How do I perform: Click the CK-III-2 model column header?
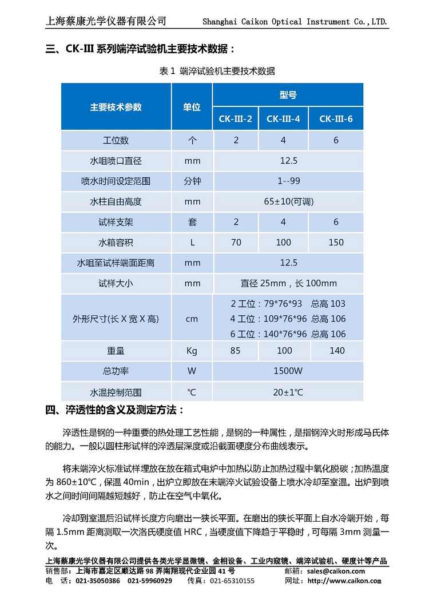click(x=235, y=119)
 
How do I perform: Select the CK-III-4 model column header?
click(x=283, y=119)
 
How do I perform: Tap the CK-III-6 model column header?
click(x=336, y=119)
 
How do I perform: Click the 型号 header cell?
click(x=288, y=95)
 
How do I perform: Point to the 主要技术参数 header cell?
click(x=116, y=107)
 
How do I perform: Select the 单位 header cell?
click(x=192, y=107)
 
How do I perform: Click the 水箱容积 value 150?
click(x=336, y=243)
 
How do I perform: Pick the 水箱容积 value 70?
click(x=236, y=243)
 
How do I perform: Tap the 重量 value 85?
click(x=235, y=351)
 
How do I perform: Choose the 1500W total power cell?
click(x=288, y=371)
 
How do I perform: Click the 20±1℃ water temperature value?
click(x=288, y=392)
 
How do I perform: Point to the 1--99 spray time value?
click(x=288, y=181)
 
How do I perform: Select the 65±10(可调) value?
click(x=288, y=202)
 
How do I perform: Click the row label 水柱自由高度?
click(x=116, y=202)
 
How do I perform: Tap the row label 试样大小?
click(x=116, y=283)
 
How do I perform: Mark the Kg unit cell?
click(x=192, y=351)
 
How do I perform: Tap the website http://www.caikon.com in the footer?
click(x=344, y=581)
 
